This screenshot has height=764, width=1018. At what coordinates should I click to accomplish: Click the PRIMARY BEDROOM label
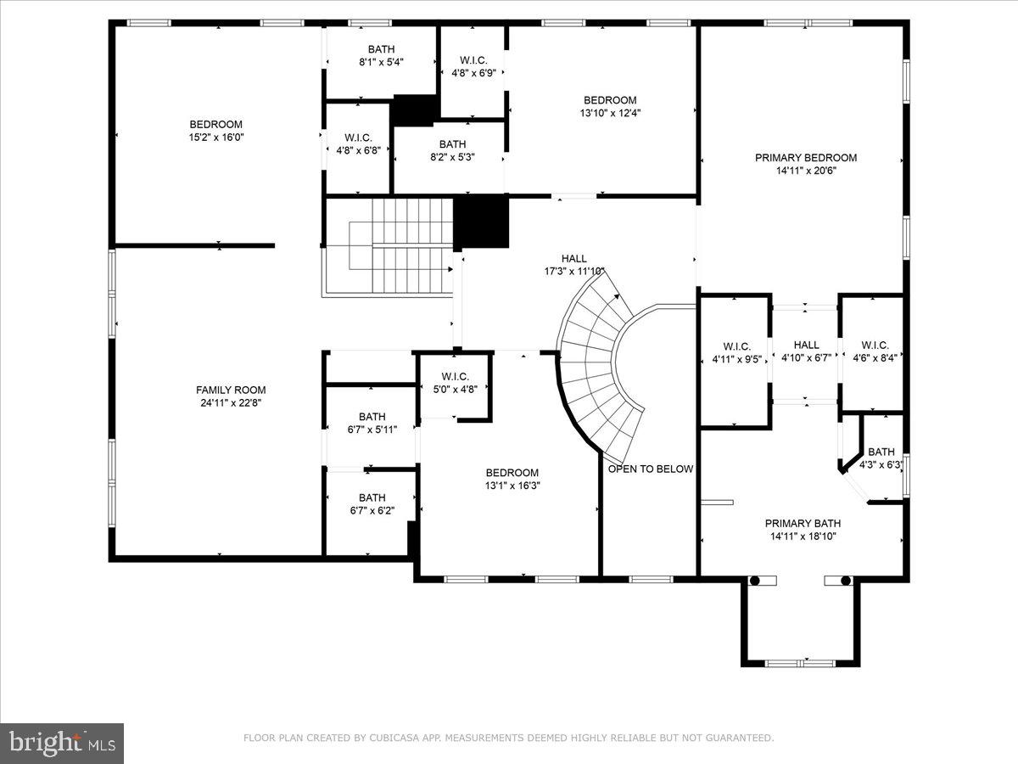click(805, 157)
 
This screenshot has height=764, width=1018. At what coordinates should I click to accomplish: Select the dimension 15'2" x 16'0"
click(215, 137)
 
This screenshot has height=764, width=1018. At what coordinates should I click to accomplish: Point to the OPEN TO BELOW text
click(650, 469)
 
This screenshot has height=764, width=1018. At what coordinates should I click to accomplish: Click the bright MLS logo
click(62, 743)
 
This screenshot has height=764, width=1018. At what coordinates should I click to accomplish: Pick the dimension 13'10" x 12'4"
click(609, 112)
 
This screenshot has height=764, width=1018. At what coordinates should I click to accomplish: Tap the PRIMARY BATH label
click(805, 523)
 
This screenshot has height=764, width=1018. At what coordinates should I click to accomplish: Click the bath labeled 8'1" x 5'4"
click(381, 55)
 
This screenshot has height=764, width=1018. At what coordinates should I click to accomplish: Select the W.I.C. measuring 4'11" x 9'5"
click(736, 352)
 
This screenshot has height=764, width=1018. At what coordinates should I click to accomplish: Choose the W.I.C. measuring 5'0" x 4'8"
click(454, 382)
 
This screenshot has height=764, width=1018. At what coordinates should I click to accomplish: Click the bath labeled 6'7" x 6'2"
click(372, 503)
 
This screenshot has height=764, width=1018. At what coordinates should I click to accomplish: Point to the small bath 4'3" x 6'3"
click(881, 458)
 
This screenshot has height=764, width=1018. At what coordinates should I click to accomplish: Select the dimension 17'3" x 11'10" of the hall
click(574, 272)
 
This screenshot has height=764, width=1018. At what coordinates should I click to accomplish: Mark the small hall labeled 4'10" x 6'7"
click(805, 351)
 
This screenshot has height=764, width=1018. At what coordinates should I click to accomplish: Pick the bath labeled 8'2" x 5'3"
click(452, 149)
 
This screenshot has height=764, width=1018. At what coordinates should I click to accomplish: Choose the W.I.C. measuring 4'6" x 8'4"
click(874, 351)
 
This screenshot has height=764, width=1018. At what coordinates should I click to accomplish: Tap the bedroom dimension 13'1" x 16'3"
click(512, 486)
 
